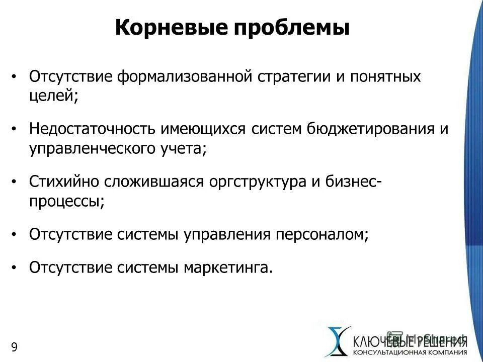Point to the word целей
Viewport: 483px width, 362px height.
coord(52,96)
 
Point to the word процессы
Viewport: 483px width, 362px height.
coord(65,201)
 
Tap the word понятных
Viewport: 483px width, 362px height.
coord(381,78)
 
